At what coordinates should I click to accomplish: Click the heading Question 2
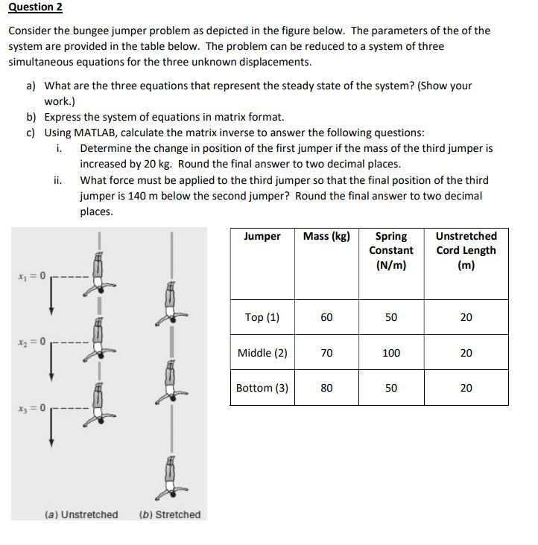point(35,7)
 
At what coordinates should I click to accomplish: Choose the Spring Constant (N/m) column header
point(391,250)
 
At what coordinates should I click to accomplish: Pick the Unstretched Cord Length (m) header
point(466,250)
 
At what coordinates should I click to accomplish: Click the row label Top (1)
point(262,317)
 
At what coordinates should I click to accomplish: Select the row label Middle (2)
point(262,353)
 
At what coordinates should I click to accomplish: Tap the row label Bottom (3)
point(262,388)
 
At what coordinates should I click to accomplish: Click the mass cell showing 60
point(326,317)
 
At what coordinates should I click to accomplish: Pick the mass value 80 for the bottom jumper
point(326,388)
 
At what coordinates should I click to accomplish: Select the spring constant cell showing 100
point(391,353)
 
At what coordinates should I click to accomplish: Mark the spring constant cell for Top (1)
point(391,317)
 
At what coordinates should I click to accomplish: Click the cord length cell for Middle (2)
point(466,353)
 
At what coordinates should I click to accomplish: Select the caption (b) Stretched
point(170,514)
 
